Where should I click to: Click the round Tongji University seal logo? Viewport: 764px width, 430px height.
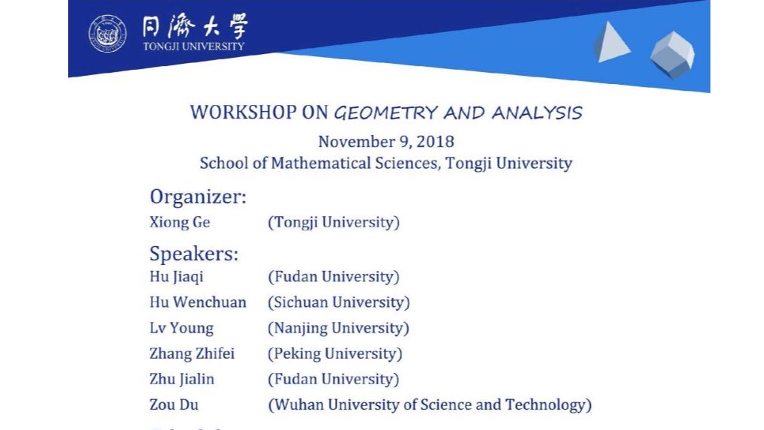[108, 34]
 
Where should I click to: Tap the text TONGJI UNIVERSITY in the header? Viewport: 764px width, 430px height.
[193, 46]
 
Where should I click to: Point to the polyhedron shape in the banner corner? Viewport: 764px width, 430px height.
[672, 54]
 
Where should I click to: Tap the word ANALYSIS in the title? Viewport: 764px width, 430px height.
[537, 113]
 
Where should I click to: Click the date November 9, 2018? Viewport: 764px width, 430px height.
[386, 141]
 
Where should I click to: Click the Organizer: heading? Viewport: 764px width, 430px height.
[198, 197]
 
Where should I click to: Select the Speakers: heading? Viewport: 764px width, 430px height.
[194, 254]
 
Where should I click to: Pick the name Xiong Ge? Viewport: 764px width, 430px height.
[180, 222]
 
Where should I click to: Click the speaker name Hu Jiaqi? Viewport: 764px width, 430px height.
[176, 277]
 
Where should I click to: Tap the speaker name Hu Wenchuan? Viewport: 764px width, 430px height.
[198, 302]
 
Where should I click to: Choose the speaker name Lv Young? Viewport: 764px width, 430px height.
[181, 328]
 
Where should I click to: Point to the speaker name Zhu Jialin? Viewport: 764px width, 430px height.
[182, 379]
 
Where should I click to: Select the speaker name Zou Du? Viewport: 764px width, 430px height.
[174, 404]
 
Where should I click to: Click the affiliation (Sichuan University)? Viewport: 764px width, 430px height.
[339, 302]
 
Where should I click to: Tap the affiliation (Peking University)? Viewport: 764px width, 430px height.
[335, 353]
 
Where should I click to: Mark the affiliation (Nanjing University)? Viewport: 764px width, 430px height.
[338, 328]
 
